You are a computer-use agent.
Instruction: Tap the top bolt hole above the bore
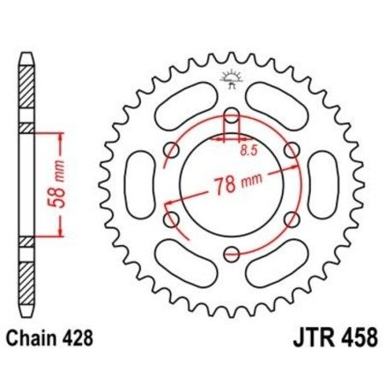(231, 117)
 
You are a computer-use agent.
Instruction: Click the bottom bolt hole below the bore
(231, 251)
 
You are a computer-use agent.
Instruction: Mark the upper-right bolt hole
(290, 150)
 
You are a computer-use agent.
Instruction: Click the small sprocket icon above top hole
(231, 79)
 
